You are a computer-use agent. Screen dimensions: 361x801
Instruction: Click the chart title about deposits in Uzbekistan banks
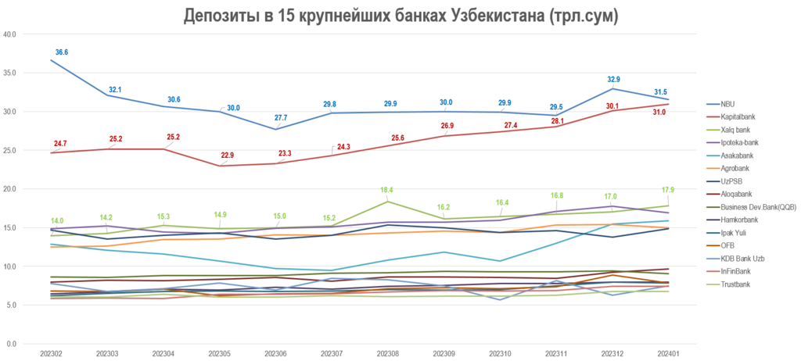(x=400, y=16)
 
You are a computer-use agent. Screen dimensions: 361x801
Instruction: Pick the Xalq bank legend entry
(x=735, y=130)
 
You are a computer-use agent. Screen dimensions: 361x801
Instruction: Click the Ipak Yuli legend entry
(x=733, y=232)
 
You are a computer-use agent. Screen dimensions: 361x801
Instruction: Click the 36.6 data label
(x=62, y=52)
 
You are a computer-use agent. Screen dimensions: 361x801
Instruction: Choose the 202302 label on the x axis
(x=52, y=354)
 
